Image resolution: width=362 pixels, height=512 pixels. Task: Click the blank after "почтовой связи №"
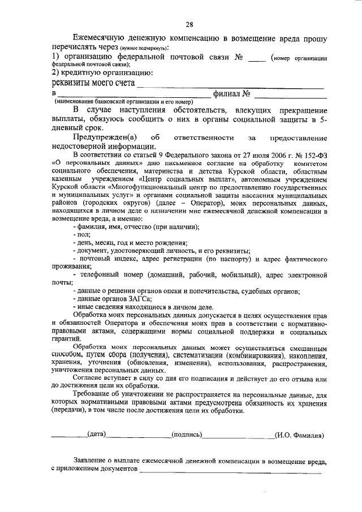pos(257,58)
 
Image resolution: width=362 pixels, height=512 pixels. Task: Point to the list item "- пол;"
pos(81,234)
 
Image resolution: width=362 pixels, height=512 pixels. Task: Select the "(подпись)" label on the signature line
pos(186,434)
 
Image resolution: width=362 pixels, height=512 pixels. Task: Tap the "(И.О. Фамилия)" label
pos(299,435)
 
